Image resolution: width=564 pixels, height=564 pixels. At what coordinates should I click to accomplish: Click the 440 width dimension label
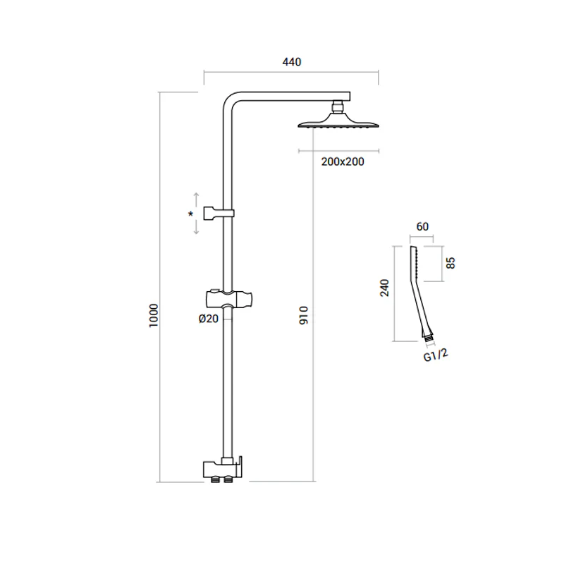pos(292,62)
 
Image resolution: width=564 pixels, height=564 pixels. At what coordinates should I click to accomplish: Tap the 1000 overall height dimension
pos(154,315)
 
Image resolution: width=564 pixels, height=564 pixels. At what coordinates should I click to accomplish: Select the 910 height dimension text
pos(304,315)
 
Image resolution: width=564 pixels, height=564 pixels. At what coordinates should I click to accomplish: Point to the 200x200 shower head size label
pos(343,161)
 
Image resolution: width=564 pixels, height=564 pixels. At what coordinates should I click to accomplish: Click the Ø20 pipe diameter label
pos(209,319)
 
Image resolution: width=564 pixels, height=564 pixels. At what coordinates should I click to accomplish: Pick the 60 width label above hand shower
pos(422,226)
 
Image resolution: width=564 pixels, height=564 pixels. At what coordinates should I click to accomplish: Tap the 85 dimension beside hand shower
pos(450,263)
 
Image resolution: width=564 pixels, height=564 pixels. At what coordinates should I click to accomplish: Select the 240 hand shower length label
pos(384,288)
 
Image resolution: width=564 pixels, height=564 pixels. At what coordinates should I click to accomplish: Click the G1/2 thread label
pos(436,355)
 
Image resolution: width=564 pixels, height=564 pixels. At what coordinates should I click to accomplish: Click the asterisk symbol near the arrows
pos(190,214)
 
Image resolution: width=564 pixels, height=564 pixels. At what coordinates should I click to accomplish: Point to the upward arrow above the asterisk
pos(196,200)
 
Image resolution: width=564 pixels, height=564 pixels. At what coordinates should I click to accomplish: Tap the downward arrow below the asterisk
pos(196,227)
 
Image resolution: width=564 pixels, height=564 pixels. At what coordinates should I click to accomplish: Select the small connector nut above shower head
pos(338,107)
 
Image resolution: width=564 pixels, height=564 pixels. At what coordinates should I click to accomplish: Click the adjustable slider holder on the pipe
pos(228,298)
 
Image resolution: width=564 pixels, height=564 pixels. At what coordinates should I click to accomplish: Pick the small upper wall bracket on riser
pos(219,214)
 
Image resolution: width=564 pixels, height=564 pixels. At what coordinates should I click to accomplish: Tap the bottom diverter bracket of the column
pos(223,470)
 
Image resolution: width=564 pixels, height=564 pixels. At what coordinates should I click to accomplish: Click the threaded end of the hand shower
pos(428,338)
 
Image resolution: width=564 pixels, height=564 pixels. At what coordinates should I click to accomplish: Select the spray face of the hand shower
pos(416,262)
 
